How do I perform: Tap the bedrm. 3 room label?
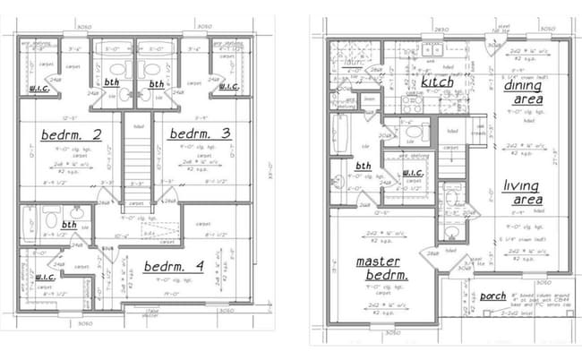201,134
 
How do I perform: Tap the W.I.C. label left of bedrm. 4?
46,278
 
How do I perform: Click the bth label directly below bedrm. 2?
69,226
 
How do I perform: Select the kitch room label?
437,83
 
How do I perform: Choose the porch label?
492,296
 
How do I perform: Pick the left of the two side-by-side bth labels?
112,81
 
